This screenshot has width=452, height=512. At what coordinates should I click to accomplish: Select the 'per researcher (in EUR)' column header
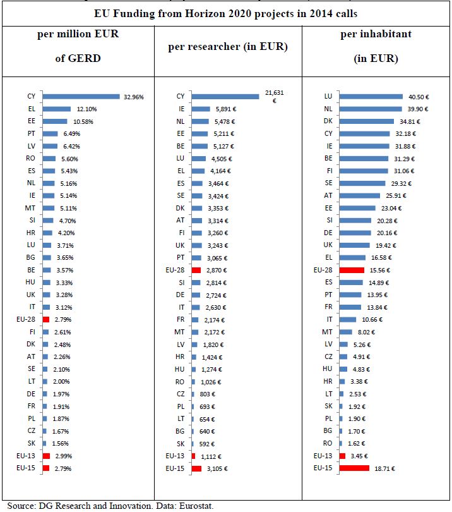227,47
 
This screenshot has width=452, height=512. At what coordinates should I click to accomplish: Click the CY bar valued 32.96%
81,97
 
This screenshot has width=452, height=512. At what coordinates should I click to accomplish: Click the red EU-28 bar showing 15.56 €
352,270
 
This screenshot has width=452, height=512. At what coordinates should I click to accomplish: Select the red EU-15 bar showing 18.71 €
354,468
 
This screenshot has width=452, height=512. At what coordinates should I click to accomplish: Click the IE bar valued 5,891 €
201,109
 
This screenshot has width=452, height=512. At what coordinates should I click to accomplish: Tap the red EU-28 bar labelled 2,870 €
196,270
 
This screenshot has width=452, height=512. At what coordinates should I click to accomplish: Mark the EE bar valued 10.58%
55,121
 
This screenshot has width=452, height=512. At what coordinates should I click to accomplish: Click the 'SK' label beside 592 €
180,443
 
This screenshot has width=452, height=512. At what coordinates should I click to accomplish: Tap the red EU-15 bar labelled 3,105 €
196,468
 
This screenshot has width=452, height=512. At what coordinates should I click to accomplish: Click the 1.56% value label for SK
61,443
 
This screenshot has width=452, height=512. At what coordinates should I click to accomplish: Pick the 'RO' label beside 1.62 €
328,443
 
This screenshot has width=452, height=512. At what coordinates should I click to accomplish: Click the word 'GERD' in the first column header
85,59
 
